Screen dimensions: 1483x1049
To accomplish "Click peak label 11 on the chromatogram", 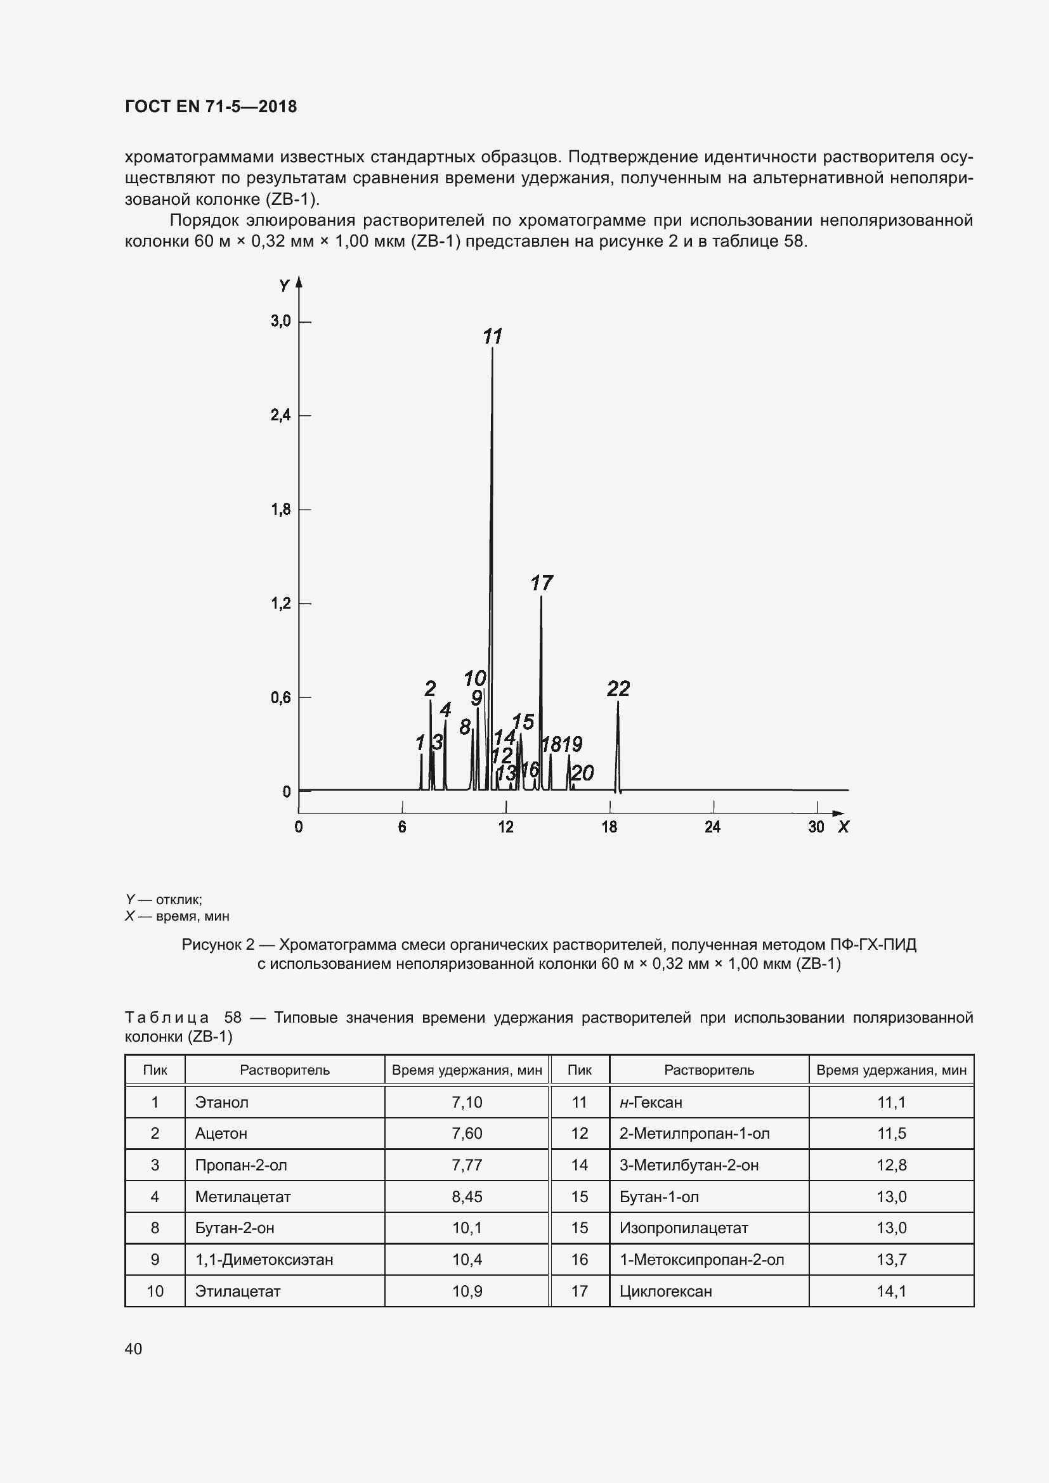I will point(492,337).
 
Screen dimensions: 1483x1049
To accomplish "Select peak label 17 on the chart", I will point(541,583).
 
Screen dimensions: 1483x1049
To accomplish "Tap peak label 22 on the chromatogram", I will point(618,689).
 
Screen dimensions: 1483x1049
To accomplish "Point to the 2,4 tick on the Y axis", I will point(281,415).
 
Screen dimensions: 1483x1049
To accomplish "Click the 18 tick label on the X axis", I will point(609,827).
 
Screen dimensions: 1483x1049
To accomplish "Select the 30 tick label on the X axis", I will point(816,827).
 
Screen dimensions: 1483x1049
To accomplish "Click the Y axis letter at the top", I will point(284,285).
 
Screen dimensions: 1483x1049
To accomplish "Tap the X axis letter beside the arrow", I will point(843,827).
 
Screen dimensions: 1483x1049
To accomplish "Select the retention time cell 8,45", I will point(466,1197).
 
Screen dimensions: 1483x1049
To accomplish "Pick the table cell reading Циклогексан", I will point(665,1291).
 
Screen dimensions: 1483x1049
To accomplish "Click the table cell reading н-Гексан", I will point(651,1102).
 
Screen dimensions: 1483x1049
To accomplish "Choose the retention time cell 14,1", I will point(890,1291).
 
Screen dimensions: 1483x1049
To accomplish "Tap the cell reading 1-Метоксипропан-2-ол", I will point(701,1260).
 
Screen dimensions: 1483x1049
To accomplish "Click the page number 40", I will point(134,1349).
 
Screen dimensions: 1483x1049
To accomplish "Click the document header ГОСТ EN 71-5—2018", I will point(211,107).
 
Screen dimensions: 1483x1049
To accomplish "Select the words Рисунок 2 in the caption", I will point(218,945).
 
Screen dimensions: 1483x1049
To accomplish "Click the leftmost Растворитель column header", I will point(284,1070).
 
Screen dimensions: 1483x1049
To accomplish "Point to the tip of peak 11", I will point(493,349).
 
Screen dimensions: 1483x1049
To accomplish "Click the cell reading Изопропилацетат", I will point(684,1228).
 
